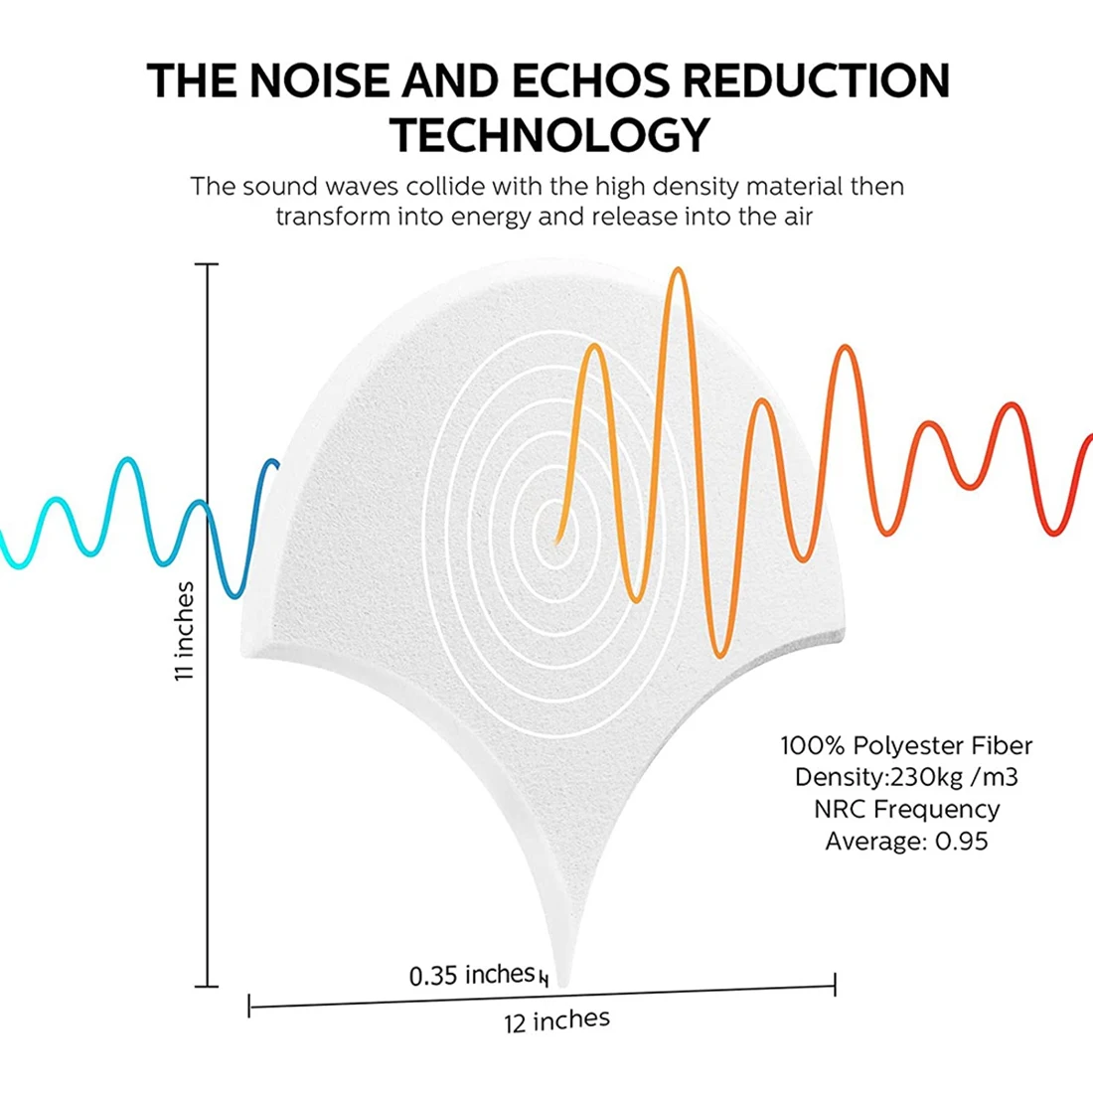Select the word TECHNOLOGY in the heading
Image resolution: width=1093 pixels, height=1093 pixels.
(550, 135)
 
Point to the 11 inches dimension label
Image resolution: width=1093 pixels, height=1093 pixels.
(185, 632)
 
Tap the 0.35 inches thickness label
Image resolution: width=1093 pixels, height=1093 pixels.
(472, 976)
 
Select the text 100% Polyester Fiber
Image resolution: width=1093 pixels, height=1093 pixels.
(905, 745)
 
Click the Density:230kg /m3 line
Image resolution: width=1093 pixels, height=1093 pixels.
(905, 777)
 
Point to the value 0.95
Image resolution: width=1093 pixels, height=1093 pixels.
(961, 842)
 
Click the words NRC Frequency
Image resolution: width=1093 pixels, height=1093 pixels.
(905, 810)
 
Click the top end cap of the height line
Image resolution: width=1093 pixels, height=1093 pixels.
(207, 265)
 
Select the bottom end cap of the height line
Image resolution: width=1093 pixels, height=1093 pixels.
(207, 987)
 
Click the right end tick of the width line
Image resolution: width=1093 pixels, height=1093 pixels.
(835, 986)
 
